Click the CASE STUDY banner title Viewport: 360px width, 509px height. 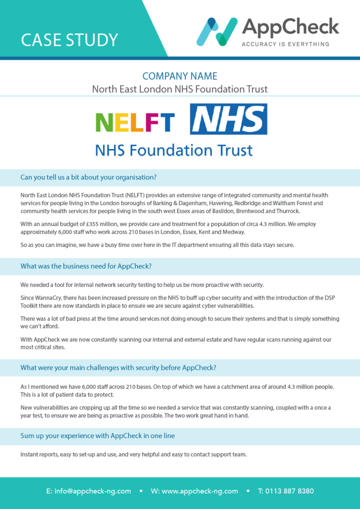coord(69,39)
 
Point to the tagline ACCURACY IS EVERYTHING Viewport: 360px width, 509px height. coord(285,44)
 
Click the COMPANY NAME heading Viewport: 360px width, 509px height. coord(180,76)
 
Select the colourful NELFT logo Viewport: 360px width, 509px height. coord(135,122)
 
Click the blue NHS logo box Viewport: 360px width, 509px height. coord(229,119)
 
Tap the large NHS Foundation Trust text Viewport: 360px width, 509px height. coord(174,150)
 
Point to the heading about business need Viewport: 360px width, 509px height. coord(86,266)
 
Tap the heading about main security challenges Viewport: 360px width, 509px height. coord(118,368)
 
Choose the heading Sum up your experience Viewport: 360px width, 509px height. coord(97,435)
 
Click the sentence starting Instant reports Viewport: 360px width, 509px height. coord(133,454)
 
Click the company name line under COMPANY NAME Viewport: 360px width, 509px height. coord(180,89)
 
